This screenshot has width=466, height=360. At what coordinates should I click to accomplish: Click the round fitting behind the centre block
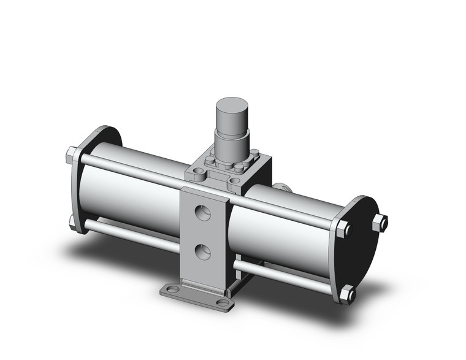pos(281,186)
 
